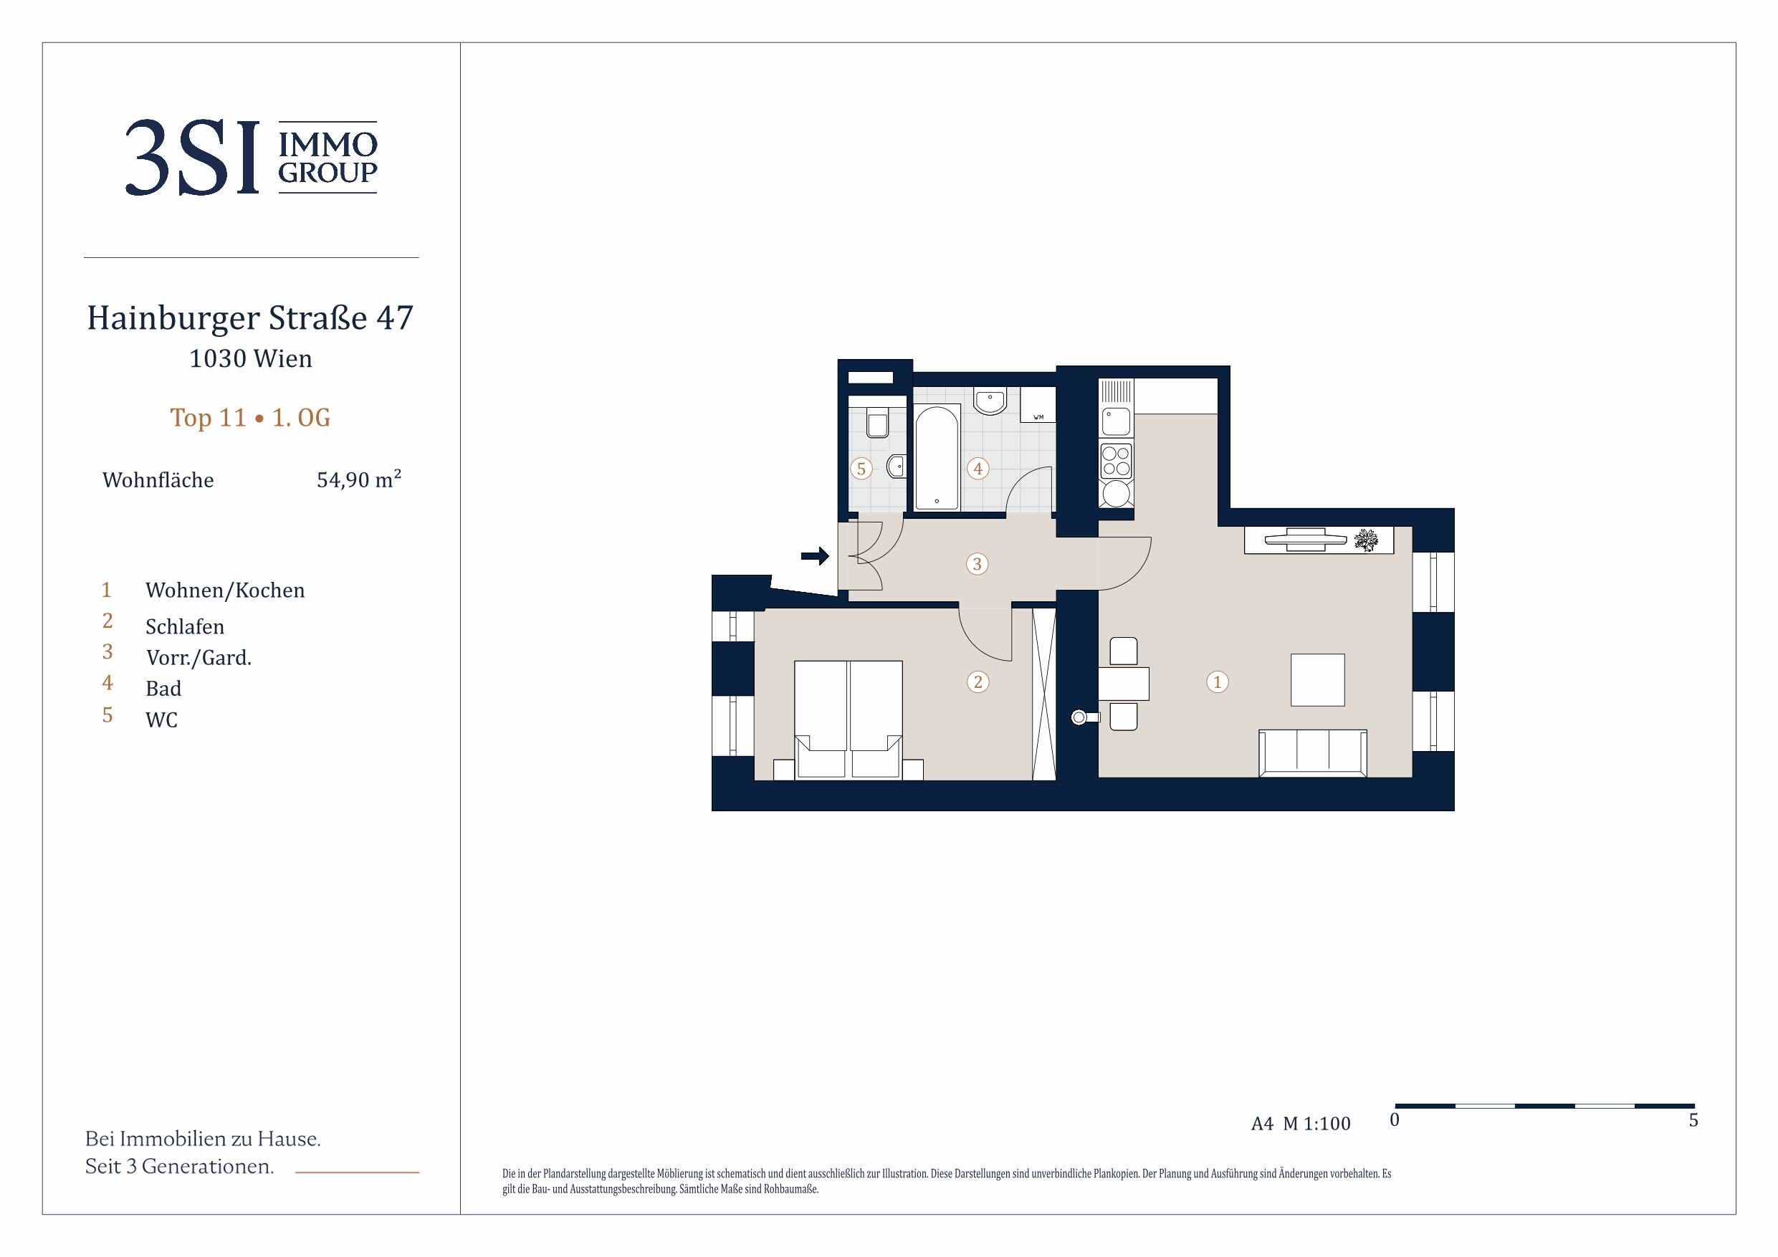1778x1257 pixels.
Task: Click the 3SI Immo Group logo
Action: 251,157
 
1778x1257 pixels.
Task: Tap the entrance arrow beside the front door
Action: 815,555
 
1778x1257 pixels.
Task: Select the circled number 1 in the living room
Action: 1218,682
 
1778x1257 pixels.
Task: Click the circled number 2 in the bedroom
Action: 978,682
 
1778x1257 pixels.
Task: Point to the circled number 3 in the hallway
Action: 978,564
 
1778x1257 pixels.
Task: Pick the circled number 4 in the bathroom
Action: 978,469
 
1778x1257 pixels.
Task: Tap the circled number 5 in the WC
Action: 861,469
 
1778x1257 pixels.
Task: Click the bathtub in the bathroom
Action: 937,458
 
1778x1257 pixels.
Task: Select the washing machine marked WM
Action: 1038,404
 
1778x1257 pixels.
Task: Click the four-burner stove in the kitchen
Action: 1116,461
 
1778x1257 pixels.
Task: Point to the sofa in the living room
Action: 1313,752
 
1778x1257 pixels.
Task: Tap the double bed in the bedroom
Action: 848,720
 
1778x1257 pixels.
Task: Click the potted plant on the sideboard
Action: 1366,540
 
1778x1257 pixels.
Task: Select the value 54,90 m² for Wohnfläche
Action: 358,479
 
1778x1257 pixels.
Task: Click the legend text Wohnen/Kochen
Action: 225,591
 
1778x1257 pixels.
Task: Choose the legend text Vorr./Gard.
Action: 199,658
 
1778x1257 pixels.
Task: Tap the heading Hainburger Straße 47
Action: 250,318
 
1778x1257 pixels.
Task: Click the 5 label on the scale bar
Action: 1693,1120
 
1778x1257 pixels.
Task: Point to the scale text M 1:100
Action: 1316,1124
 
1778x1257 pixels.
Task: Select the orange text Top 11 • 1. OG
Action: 250,418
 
